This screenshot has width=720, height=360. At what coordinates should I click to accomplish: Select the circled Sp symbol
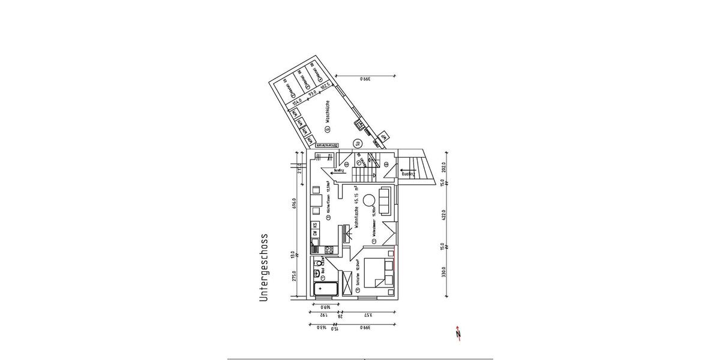357,143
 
